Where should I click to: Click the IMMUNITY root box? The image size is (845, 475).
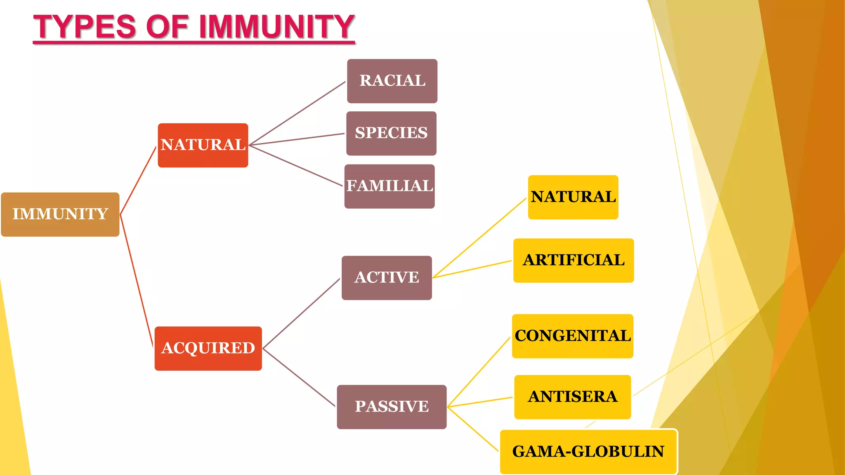[x=60, y=214]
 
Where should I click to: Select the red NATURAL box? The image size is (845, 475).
[x=203, y=145]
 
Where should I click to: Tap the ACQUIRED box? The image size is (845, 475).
[x=208, y=348]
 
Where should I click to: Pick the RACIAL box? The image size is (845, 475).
[x=392, y=81]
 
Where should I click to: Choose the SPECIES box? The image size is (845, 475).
[x=391, y=133]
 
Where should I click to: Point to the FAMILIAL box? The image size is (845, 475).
[x=389, y=186]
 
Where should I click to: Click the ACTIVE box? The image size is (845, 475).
[x=387, y=277]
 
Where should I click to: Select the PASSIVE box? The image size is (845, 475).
[x=392, y=407]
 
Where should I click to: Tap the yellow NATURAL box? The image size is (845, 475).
[x=573, y=197]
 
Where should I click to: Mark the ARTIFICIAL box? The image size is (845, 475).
[x=574, y=260]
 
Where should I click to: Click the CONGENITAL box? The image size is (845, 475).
[x=573, y=336]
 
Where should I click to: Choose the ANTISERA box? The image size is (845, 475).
[x=573, y=397]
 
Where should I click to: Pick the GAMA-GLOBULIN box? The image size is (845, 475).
[x=588, y=451]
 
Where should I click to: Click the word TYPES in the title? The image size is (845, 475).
[x=85, y=27]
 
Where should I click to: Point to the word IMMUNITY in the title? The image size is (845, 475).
[x=277, y=27]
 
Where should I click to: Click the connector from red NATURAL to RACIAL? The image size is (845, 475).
[x=297, y=113]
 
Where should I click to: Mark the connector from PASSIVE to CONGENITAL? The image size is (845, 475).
[x=479, y=372]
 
